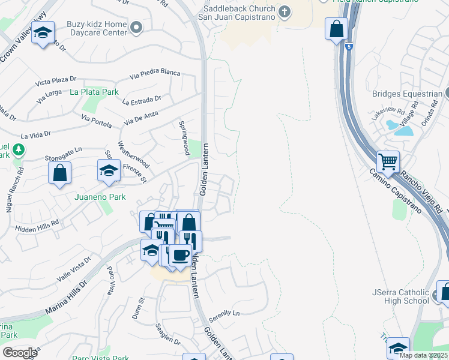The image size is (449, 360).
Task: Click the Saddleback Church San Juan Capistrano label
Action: coord(237,13)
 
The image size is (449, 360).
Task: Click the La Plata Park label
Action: coord(94,92)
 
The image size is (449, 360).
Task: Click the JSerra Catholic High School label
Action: coord(400,296)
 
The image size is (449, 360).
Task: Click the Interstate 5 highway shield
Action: coord(349,46)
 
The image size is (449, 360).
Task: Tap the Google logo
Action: coord(19,352)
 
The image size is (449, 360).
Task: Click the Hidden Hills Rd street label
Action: coord(38,223)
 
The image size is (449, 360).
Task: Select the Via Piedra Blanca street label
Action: coord(155,74)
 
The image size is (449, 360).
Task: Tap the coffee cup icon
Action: coord(180,256)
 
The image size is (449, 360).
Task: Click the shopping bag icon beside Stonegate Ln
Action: coord(60,173)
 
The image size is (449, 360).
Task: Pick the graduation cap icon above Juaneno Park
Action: coord(109,170)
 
